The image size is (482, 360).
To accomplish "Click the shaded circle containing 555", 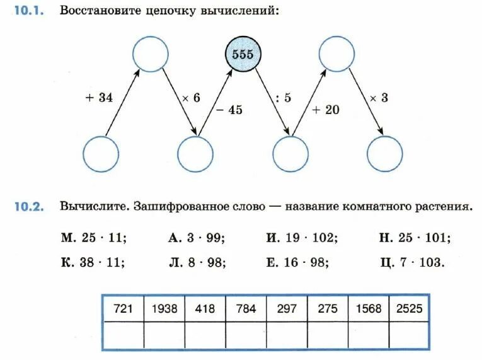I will coord(243,54).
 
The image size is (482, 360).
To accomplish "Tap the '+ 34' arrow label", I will coord(98,98).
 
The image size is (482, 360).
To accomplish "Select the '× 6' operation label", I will coord(191,98).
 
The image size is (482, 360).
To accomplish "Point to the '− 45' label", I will coord(229,110).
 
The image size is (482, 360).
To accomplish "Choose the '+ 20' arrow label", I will coord(326,110).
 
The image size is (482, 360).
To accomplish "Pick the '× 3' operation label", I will coord(379,98).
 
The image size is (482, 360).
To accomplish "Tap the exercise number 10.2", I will coord(28,207).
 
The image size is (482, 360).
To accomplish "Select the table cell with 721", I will coord(123,309).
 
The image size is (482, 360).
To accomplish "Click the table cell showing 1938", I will coord(164,309).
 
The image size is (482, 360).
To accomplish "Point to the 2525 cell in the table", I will coord(410,309).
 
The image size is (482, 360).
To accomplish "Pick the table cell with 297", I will coord(287,309).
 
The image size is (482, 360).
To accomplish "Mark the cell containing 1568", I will coord(369,309).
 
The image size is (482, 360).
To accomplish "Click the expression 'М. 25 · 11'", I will coord(94,238).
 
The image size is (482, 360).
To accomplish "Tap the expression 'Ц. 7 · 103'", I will coord(413,262).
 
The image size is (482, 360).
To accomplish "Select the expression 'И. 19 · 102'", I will coord(302,238).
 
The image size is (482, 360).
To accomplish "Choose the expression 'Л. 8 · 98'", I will coord(197,262).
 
